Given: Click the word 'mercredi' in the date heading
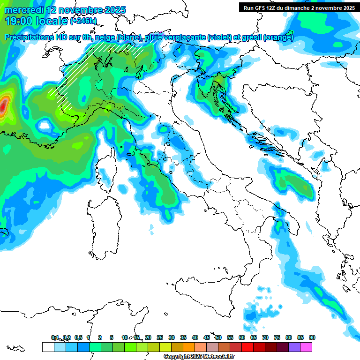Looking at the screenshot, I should click(x=23, y=10).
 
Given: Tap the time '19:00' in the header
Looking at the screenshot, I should click(x=18, y=21).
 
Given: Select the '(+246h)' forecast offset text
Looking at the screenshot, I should click(x=83, y=21).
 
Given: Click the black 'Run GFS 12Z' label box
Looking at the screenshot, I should click(x=299, y=8).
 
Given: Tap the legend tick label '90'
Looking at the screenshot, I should click(x=312, y=338).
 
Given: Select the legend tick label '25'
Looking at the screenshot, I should click(x=160, y=338).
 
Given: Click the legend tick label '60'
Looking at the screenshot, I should click(x=242, y=338).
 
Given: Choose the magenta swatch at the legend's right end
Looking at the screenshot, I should click(x=306, y=347).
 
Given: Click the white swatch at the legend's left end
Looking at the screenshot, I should click(x=48, y=347).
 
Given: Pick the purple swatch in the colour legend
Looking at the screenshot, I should click(x=294, y=347).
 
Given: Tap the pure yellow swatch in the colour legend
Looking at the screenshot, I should click(x=165, y=347).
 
